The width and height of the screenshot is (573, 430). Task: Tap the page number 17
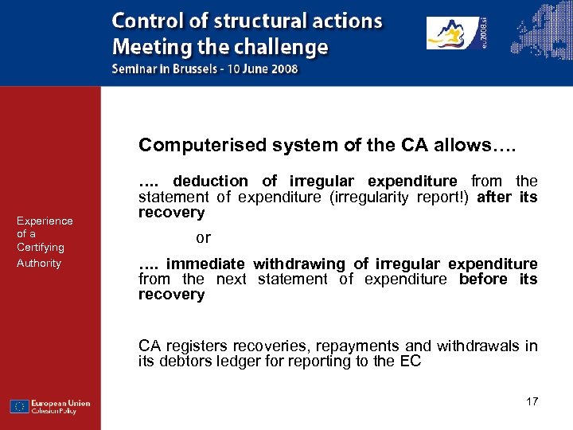pyautogui.click(x=532, y=401)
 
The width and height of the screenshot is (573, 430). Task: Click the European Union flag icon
pyautogui.click(x=20, y=407)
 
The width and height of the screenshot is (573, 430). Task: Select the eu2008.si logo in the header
pyautogui.click(x=458, y=33)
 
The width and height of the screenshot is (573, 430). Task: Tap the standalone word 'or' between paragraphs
pyautogui.click(x=203, y=238)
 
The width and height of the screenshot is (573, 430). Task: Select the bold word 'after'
pyautogui.click(x=496, y=197)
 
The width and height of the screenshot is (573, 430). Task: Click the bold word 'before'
pyautogui.click(x=483, y=279)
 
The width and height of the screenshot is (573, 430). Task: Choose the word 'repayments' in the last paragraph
pyautogui.click(x=363, y=346)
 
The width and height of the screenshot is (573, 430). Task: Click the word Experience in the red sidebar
pyautogui.click(x=45, y=221)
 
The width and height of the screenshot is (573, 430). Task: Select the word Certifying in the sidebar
pyautogui.click(x=41, y=248)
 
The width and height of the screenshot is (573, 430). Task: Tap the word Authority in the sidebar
pyautogui.click(x=39, y=263)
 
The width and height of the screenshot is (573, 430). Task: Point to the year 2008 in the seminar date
pyautogui.click(x=282, y=68)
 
